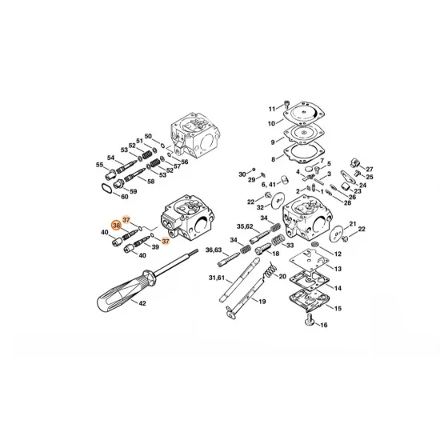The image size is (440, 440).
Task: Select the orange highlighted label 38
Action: tap(117, 226)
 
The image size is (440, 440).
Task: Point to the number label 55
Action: tap(100, 166)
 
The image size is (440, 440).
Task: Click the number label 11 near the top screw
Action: tap(271, 108)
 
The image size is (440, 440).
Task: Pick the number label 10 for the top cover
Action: tap(271, 123)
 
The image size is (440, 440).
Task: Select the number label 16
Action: tap(323, 326)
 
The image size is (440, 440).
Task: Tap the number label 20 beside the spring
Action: tap(282, 276)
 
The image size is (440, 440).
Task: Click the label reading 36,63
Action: tap(213, 250)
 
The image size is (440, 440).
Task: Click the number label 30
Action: tap(242, 174)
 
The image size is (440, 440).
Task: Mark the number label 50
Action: tap(147, 136)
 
